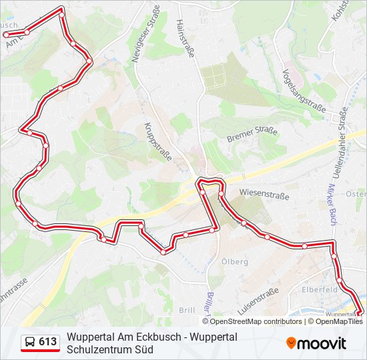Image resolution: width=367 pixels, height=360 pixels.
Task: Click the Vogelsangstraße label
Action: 304,91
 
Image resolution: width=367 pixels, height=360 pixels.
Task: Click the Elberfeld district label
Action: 316,289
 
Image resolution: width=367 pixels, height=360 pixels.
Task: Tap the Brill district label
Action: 187,310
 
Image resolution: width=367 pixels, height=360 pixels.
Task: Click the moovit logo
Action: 316,343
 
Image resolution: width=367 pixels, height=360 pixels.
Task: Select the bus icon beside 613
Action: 30,342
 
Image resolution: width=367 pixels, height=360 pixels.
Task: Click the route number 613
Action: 47,342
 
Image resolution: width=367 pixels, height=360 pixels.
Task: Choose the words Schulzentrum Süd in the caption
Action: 110,349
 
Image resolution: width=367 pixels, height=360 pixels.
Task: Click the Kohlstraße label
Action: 341,13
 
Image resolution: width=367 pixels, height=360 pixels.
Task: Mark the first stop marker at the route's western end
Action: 6,34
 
